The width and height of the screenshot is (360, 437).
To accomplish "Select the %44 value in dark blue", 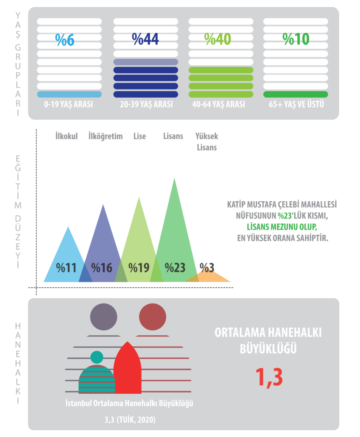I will pos(145,39).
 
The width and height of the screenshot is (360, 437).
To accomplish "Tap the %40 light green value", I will pos(218,39).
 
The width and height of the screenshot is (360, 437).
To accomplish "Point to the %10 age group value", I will pos(296,39).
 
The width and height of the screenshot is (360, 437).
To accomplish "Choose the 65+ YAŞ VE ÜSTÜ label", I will pos(296,104).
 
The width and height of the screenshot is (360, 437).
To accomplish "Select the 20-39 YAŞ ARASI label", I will pos(146,104).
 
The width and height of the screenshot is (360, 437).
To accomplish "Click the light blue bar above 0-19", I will pos(69,94).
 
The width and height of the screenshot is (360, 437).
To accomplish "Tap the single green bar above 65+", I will pos(296,94).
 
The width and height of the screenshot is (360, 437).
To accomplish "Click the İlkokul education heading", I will pos(67,136).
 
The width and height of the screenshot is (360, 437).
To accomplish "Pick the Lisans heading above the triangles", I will pos(173,136).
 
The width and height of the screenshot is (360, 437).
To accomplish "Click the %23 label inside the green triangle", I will pos(175,268).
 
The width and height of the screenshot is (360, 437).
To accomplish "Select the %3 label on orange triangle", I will pos(207,268).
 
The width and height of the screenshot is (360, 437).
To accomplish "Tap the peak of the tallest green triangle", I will pos(174,179).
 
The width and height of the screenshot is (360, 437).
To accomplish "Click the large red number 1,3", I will pos(268,376).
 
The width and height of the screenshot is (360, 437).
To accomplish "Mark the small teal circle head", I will pos(97,357).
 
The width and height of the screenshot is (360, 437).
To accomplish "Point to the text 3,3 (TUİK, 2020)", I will pos(129,420).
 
